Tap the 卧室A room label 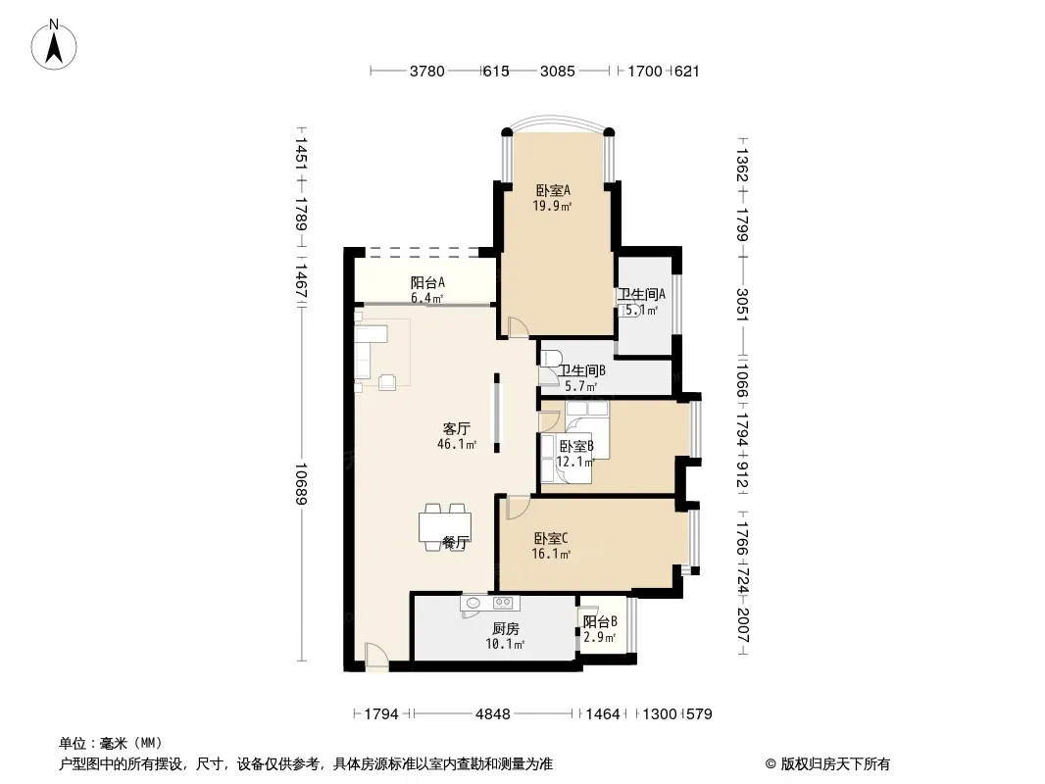point(553,190)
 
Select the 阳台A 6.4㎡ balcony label point(427,290)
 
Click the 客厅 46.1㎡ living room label point(457,436)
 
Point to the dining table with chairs point(445,527)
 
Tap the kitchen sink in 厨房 point(473,603)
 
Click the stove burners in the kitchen point(503,603)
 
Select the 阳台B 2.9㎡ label point(600,629)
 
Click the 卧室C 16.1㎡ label point(551,546)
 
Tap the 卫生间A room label point(642,294)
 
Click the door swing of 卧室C point(518,508)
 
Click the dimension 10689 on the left point(300,483)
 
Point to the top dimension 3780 point(426,71)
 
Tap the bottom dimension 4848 point(492,714)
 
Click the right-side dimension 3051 point(742,304)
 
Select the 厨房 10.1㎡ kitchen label point(505,636)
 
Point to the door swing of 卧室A point(518,327)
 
